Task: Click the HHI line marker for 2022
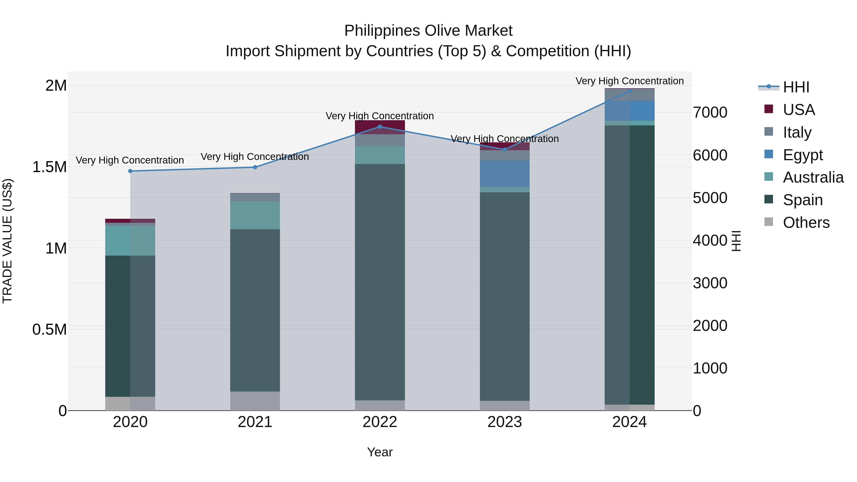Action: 380,127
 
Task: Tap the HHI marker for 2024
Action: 629,91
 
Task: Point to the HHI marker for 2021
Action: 255,167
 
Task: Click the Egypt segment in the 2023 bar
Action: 505,174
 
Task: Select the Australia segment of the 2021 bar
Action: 255,215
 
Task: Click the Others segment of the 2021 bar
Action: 255,401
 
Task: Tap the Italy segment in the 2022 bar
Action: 380,140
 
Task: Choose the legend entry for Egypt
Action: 802,155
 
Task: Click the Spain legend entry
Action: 802,200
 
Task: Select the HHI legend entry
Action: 796,87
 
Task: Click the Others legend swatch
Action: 768,222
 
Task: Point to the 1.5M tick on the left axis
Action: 50,167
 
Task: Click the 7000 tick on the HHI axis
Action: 710,112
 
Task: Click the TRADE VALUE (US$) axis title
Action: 7,241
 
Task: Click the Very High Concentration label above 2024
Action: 629,81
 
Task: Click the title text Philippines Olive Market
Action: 428,31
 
